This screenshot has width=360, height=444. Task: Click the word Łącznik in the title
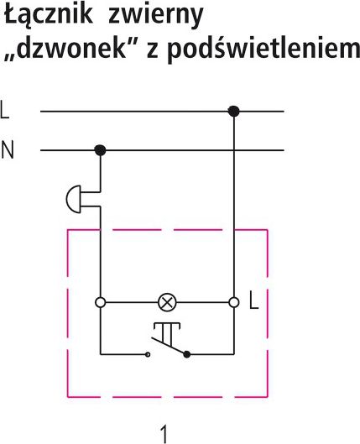click(48, 16)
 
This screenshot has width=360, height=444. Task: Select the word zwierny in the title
click(156, 16)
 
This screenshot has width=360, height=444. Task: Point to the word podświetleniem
click(263, 49)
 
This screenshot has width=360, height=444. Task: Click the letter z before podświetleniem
click(152, 51)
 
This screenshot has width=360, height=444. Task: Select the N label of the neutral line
click(7, 150)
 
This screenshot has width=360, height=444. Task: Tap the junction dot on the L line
click(234, 112)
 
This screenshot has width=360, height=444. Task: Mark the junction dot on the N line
click(100, 150)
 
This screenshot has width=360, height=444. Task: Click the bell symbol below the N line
click(73, 199)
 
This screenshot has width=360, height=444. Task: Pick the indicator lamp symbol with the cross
click(167, 302)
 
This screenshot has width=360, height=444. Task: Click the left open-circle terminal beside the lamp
click(101, 302)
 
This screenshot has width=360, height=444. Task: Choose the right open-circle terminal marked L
click(234, 302)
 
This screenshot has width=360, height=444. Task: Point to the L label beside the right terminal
click(254, 303)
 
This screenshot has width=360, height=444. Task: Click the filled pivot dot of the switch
click(187, 354)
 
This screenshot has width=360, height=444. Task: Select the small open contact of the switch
click(148, 354)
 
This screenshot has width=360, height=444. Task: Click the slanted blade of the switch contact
click(169, 346)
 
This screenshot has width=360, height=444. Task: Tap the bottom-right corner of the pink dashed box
click(267, 397)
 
